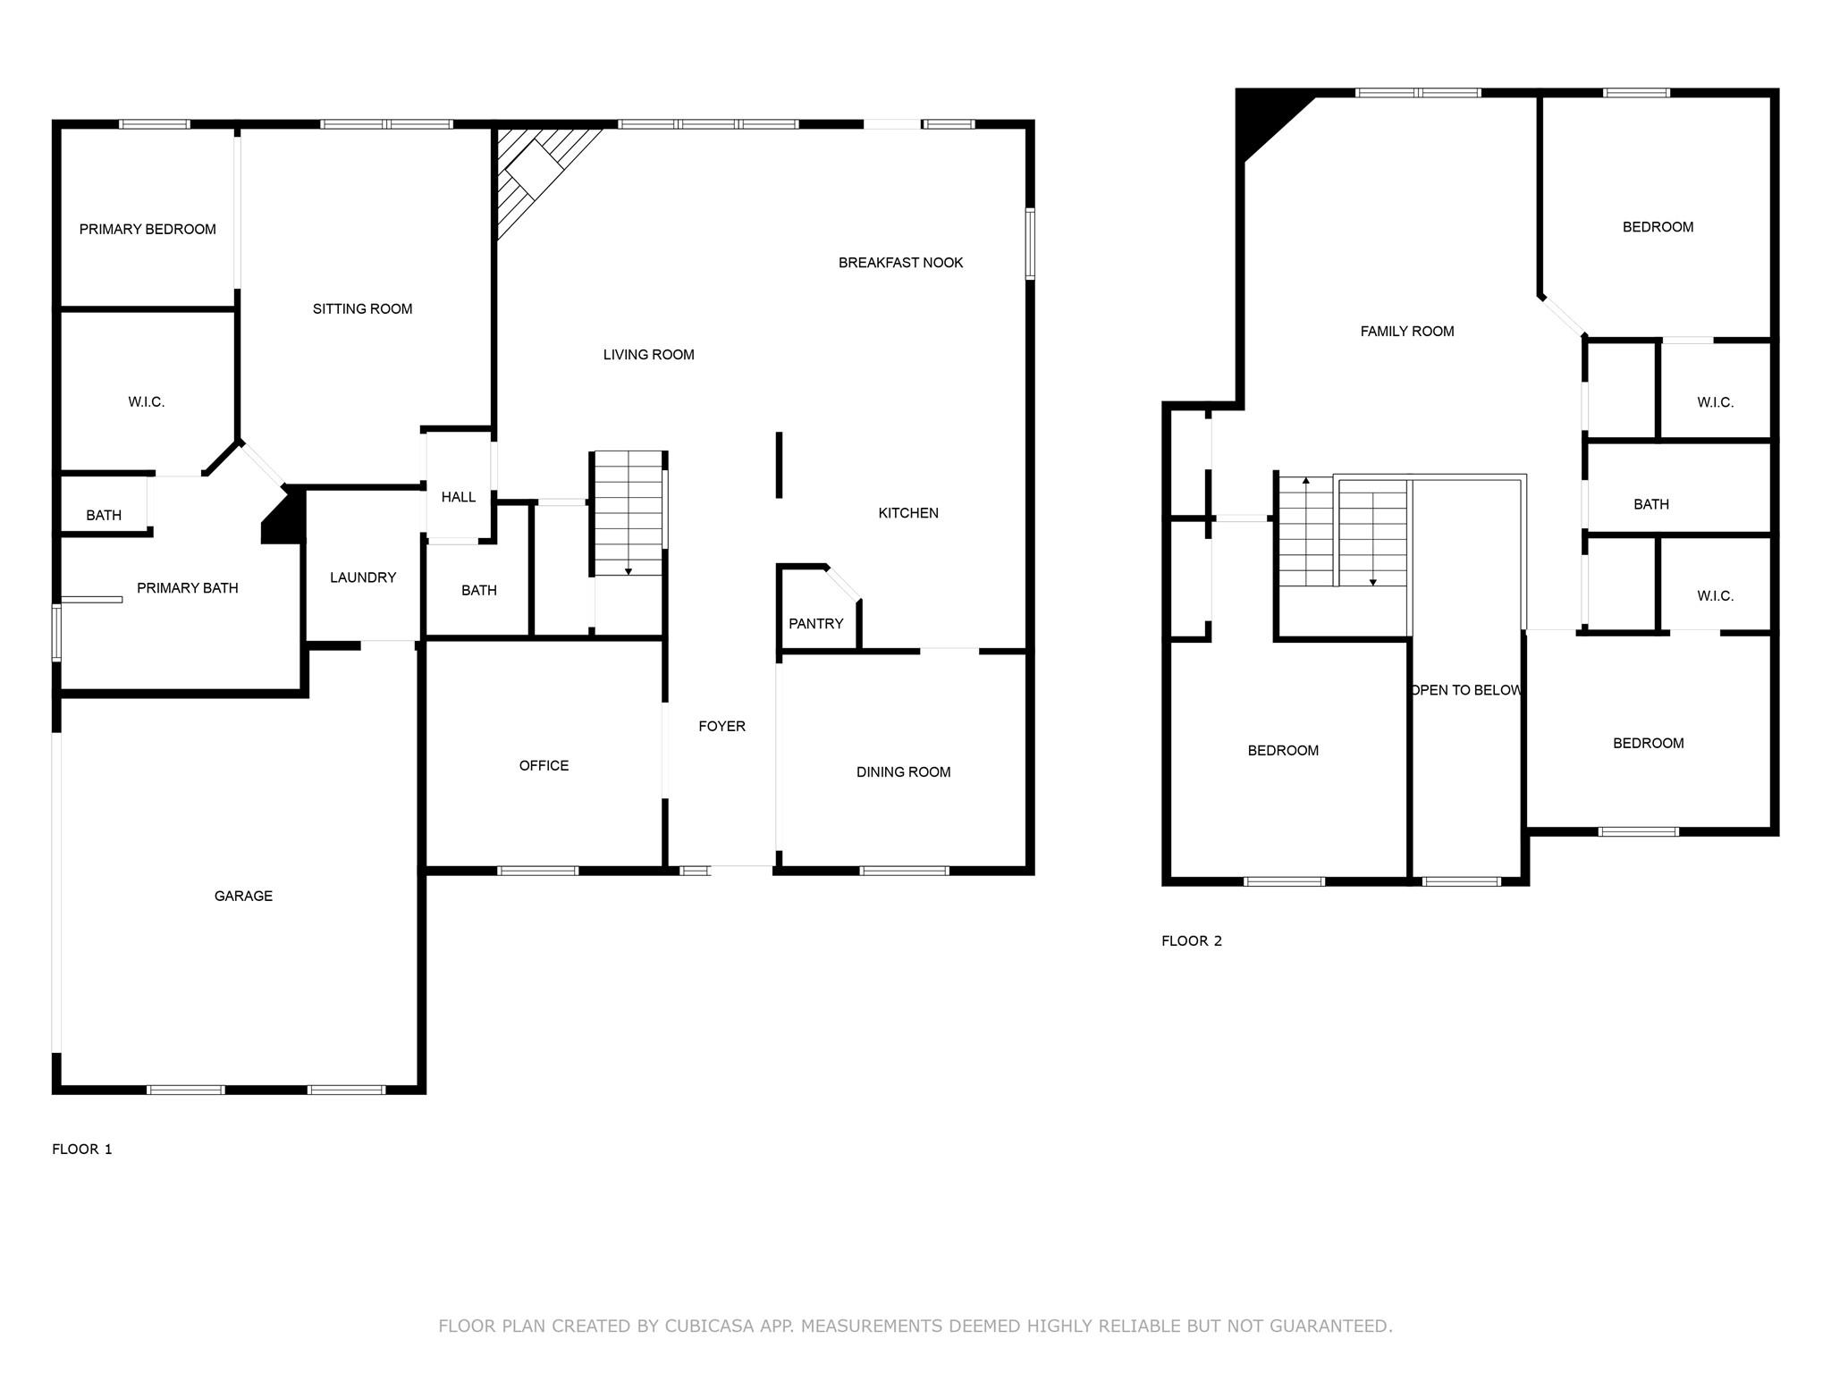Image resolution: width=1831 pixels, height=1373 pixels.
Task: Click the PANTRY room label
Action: point(815,624)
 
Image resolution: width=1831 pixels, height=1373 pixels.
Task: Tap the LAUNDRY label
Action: point(363,577)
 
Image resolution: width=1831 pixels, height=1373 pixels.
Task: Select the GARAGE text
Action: point(243,896)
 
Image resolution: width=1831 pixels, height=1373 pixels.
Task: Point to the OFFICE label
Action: point(544,765)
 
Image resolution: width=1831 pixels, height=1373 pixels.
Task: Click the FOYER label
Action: point(721,726)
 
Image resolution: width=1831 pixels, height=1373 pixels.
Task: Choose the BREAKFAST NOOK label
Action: point(900,263)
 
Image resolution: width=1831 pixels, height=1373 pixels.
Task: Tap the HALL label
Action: point(459,497)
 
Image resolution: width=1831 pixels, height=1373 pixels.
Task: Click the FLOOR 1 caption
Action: point(82,1149)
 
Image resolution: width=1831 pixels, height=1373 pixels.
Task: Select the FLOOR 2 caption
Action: point(1191,940)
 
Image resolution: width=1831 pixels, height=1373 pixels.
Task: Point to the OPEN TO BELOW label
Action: point(1466,690)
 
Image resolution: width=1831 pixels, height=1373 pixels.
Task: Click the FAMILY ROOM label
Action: point(1406,332)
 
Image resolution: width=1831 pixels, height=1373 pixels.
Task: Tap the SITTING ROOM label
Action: point(362,309)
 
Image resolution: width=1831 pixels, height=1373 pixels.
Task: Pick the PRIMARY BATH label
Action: point(187,588)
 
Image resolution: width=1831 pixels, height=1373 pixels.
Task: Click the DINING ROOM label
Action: point(903,772)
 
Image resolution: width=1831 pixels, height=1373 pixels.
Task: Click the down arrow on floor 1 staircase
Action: point(629,570)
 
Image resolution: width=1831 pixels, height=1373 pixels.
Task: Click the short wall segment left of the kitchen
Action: point(780,465)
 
